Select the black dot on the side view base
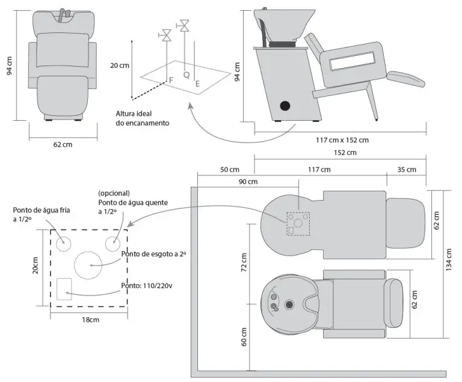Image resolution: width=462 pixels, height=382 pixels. [x=285, y=106]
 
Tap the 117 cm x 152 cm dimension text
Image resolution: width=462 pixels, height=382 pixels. [x=342, y=140]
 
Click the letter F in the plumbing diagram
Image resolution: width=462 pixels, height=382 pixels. [x=171, y=79]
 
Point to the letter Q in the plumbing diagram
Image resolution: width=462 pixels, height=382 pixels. [x=186, y=75]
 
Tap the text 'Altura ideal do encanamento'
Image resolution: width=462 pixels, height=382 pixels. [x=143, y=118]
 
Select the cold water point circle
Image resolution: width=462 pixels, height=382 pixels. [x=64, y=243]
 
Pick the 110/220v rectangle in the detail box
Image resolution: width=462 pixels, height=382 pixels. [x=64, y=289]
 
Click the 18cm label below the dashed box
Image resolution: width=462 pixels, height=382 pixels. [x=90, y=320]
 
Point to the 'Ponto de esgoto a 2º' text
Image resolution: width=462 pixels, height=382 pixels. [x=153, y=254]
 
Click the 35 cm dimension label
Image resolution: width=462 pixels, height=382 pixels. [x=407, y=169]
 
